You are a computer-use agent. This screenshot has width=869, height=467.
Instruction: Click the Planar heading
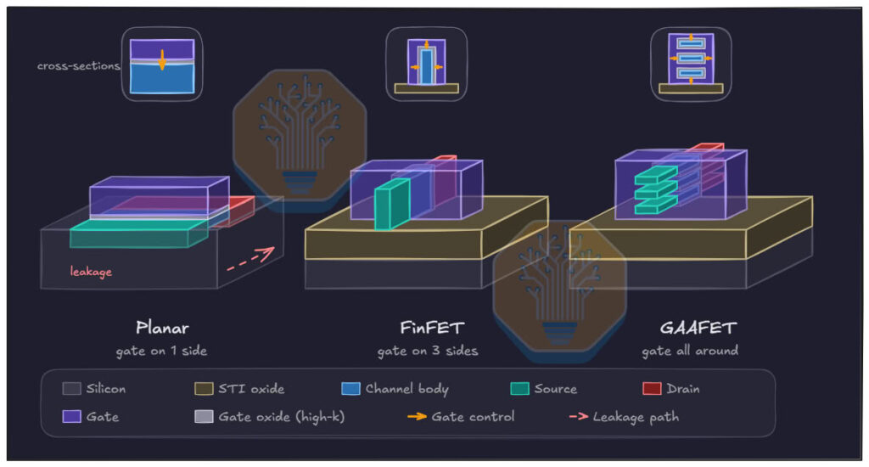(x=162, y=328)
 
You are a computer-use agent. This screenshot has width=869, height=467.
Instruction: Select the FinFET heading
(x=432, y=328)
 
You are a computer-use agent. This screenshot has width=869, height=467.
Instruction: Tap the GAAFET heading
(x=698, y=328)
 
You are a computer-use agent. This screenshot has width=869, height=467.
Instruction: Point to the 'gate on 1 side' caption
(x=161, y=351)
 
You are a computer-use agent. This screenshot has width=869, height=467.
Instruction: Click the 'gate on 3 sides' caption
(x=428, y=351)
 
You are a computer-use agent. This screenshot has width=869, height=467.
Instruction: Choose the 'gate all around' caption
(x=690, y=351)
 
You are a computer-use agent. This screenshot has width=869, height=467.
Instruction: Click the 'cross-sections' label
(x=79, y=66)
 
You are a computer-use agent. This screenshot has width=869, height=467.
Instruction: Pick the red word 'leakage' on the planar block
(x=91, y=271)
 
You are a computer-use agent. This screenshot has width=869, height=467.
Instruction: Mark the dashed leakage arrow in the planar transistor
(x=250, y=259)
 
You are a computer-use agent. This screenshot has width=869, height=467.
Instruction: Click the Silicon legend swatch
(x=71, y=388)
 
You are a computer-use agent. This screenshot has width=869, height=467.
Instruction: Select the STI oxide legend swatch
(x=204, y=388)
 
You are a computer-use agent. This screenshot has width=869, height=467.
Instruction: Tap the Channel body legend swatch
(x=350, y=388)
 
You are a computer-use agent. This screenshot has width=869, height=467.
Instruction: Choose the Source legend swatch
(x=519, y=388)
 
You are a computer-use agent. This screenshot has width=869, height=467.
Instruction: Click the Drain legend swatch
(x=652, y=388)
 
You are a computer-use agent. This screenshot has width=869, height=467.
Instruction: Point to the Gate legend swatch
(x=71, y=416)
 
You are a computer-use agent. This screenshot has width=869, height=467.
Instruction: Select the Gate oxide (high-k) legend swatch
(x=204, y=416)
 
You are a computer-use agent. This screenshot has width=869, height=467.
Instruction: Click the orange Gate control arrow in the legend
(x=417, y=416)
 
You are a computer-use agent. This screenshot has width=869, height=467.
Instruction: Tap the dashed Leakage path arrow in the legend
(x=579, y=416)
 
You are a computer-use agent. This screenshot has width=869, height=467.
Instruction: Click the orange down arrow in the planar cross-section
(x=162, y=60)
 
